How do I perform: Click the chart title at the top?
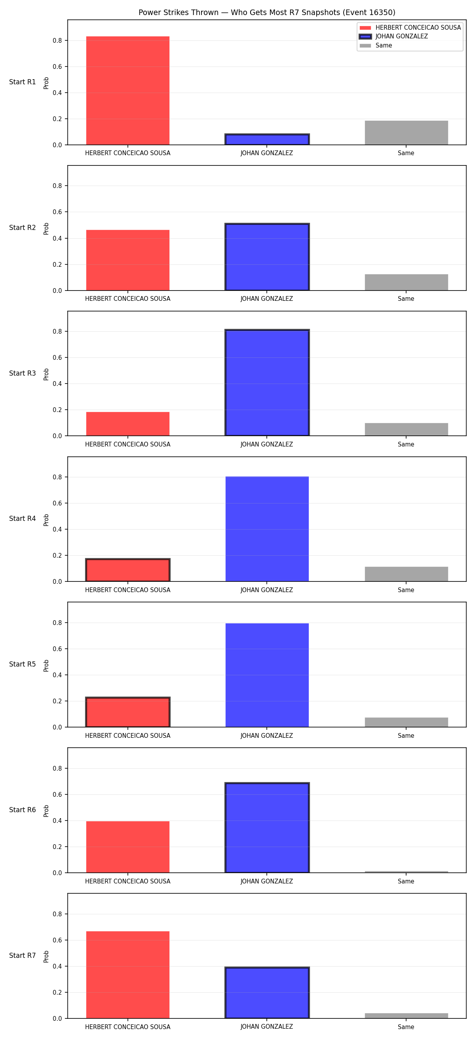click(x=266, y=13)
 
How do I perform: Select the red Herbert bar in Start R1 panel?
click(x=128, y=91)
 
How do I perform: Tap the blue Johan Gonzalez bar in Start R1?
click(x=267, y=139)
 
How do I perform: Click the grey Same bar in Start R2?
click(x=407, y=282)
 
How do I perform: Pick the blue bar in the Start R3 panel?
click(x=267, y=383)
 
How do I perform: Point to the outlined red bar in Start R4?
click(x=128, y=570)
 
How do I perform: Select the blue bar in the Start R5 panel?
click(x=267, y=675)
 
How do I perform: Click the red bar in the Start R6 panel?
click(x=128, y=847)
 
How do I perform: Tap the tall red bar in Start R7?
click(x=128, y=975)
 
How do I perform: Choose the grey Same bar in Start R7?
click(x=407, y=1016)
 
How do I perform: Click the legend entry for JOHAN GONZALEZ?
click(x=393, y=36)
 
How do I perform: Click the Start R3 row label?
click(x=23, y=373)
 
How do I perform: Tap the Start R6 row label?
click(x=23, y=810)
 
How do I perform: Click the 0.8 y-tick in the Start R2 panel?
click(x=57, y=186)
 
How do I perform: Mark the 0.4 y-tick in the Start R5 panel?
click(x=57, y=675)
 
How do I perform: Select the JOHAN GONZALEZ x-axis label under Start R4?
click(x=266, y=590)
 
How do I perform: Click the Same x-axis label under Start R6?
click(x=406, y=881)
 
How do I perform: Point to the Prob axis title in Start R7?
click(x=46, y=957)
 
